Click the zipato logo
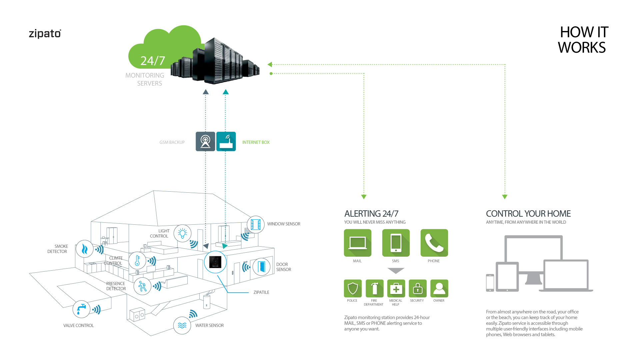point(45,34)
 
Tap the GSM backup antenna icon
point(205,141)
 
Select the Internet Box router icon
point(226,141)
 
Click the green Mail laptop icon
point(357,243)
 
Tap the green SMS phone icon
point(396,243)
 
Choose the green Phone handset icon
point(434,243)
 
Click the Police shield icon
point(353,288)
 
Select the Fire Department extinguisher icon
point(374,288)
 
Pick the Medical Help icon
point(396,288)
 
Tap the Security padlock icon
point(418,288)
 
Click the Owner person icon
point(439,288)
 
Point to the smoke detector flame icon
point(84,249)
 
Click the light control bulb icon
point(182,233)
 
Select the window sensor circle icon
point(255,224)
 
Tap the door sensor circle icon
point(261,267)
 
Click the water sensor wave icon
point(182,325)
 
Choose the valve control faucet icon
point(81,309)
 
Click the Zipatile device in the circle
point(215,262)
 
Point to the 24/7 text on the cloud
point(153,61)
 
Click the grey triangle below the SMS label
point(396,270)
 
